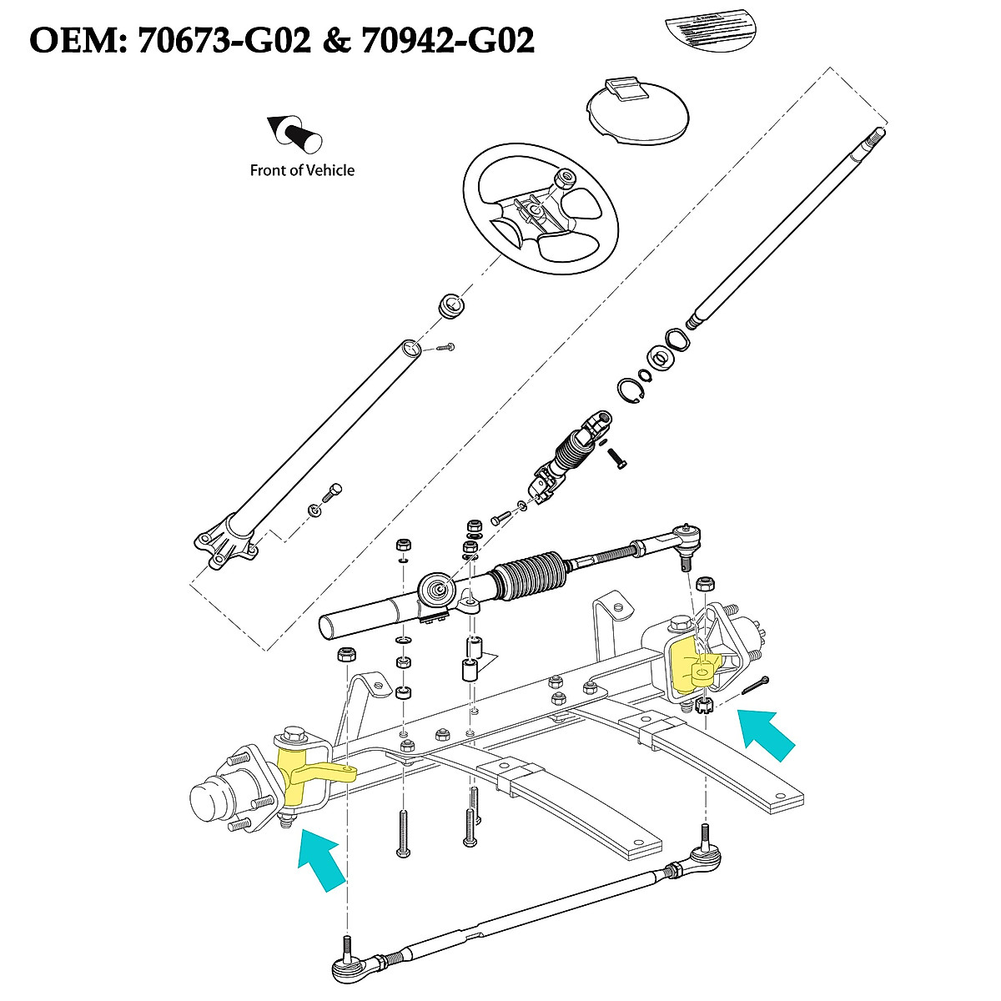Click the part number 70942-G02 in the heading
tap(442, 39)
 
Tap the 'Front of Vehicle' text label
tap(302, 170)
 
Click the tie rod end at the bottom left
tap(350, 968)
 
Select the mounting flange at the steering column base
tap(222, 546)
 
